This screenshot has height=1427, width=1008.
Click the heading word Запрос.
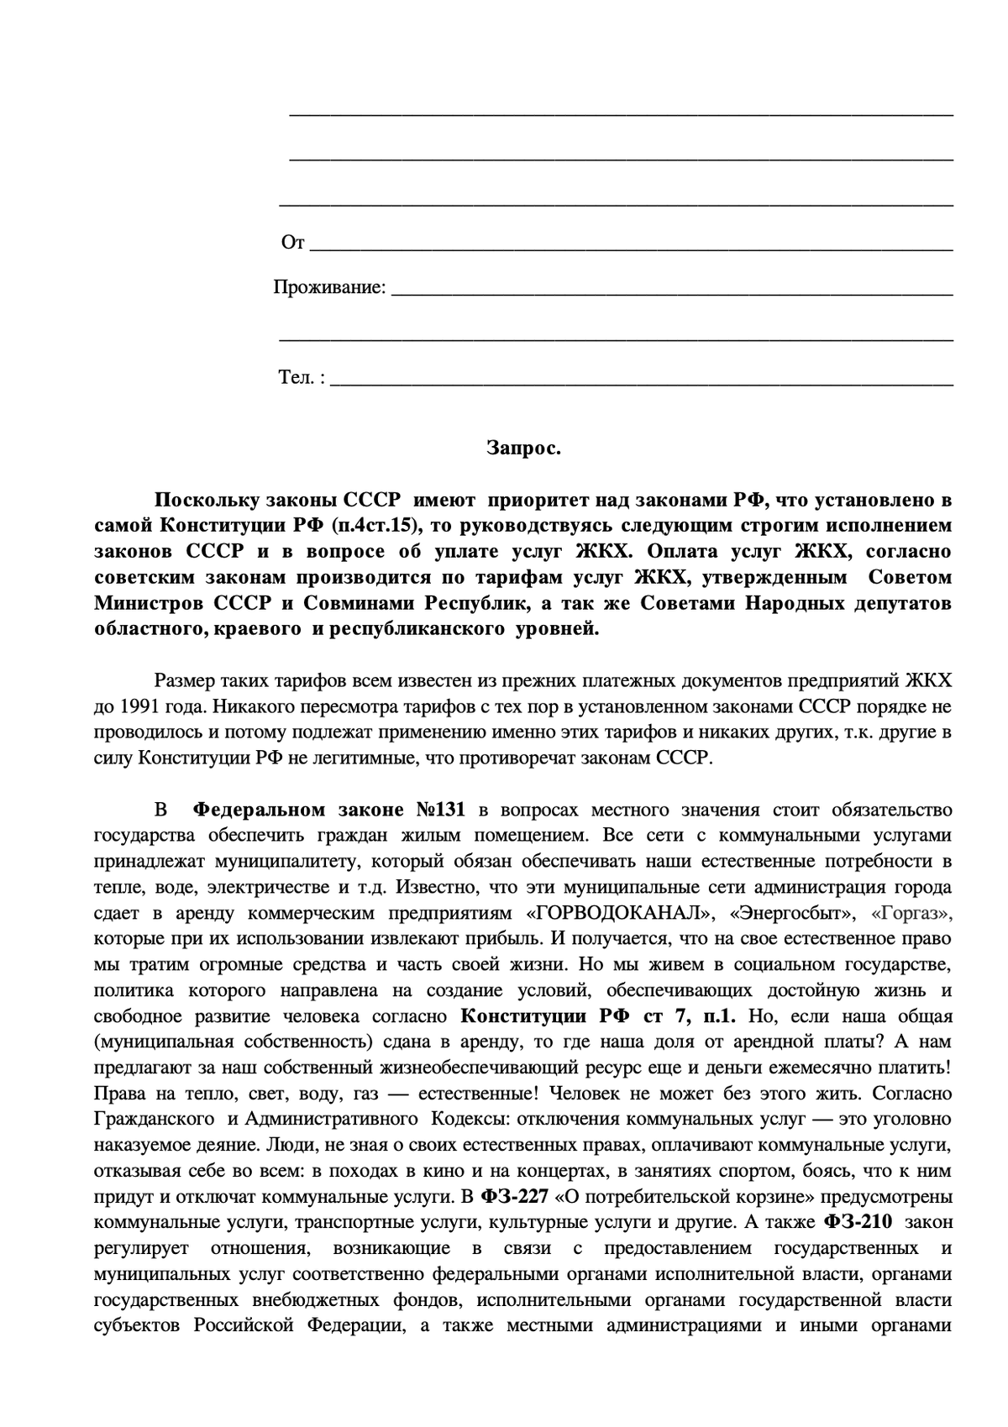click(x=523, y=449)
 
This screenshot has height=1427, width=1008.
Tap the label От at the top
click(x=292, y=243)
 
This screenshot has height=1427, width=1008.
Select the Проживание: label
click(x=329, y=287)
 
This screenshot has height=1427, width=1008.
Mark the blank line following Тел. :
click(x=643, y=382)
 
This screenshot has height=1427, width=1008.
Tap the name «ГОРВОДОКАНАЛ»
click(x=621, y=913)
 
